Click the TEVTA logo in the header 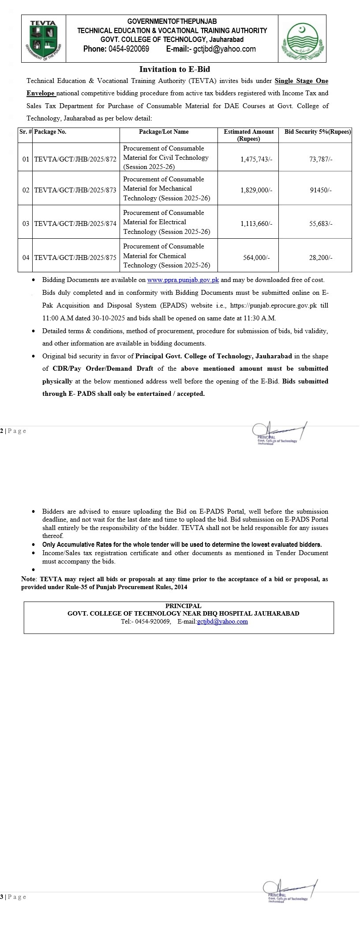click(x=43, y=39)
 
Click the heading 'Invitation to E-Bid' click(x=175, y=69)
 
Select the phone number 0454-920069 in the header click(x=128, y=49)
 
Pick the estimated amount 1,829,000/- click(x=256, y=190)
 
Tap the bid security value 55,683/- click(x=321, y=224)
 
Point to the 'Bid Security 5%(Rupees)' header click(x=318, y=132)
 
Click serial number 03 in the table click(x=26, y=224)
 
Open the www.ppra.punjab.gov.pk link click(x=183, y=280)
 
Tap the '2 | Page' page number click(x=13, y=431)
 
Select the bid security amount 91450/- click(x=321, y=190)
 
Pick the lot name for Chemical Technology click(x=166, y=256)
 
